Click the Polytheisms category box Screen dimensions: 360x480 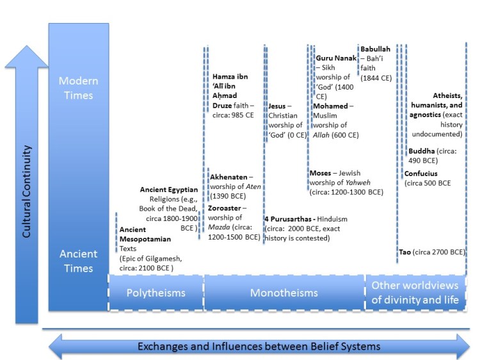coord(156,293)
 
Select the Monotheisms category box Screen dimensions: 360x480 coord(284,293)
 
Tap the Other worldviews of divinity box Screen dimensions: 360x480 coord(415,292)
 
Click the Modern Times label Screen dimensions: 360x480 coord(76,88)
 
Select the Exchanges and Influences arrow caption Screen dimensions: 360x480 coord(259,347)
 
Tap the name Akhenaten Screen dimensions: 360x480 coord(229,177)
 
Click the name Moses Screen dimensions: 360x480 coord(320,173)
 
